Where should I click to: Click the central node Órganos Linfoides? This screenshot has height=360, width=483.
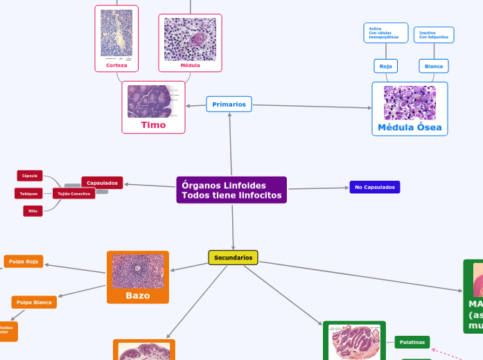tap(231, 190)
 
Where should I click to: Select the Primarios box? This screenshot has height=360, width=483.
tap(229, 104)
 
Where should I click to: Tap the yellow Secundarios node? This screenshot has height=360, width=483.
tap(233, 258)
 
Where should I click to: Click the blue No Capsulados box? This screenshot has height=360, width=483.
tap(374, 187)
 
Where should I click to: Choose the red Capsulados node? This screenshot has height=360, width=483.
tap(102, 183)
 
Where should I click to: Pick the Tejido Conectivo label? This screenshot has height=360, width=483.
tap(73, 193)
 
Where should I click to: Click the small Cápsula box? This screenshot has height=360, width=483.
tap(30, 176)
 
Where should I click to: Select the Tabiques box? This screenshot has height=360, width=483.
tap(28, 193)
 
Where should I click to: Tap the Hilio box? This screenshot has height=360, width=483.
tap(33, 210)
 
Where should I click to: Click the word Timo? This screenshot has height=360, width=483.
tap(153, 125)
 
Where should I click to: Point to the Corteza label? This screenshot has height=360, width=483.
tap(116, 66)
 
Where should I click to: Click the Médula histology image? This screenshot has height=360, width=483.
tap(190, 39)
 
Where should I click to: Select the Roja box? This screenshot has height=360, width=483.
tap(386, 66)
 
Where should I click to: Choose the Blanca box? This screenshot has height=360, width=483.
tap(434, 66)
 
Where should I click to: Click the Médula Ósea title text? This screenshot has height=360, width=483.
tap(410, 128)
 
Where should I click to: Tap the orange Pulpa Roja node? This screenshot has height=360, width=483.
tap(24, 261)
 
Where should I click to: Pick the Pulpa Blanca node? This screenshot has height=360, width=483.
tap(34, 302)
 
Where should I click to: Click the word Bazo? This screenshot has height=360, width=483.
tap(137, 296)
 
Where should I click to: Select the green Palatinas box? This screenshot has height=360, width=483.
tap(412, 342)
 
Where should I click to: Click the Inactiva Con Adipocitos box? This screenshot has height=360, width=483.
tap(434, 35)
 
